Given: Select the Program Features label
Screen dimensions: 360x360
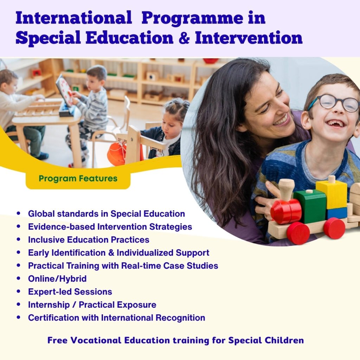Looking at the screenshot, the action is pos(78,178).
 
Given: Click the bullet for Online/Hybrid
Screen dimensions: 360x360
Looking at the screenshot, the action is pos(19,278).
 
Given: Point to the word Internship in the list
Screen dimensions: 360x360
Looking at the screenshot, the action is pos(49,305).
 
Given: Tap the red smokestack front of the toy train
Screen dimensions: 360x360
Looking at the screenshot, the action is pos(286,211).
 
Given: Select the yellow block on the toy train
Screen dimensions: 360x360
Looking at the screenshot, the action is pos(331,194).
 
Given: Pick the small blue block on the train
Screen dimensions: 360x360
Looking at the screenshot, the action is pos(337,213).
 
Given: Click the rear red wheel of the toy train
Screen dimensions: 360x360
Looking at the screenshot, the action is pos(334,228).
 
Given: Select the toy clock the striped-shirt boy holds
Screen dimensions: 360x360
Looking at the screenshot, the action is pos(64,91).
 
